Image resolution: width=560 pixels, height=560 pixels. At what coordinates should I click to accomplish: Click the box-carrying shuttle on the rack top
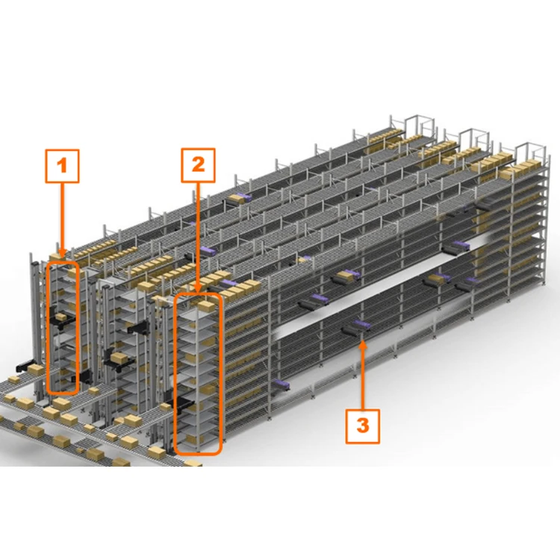[x=240, y=198]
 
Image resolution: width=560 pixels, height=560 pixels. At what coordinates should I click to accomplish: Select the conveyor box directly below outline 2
[x=193, y=463]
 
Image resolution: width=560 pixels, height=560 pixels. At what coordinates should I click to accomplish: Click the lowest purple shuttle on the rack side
[x=284, y=385]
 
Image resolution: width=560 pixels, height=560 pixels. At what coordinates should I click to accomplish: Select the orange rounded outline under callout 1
[x=62, y=327]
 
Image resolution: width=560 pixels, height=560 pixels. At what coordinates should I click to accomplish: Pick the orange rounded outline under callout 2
[x=198, y=373]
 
